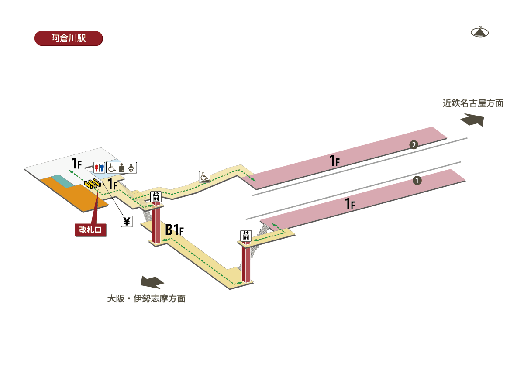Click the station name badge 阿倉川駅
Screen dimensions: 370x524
68,38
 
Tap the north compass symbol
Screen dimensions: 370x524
479,32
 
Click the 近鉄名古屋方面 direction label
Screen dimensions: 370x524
473,103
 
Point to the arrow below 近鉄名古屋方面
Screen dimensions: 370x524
472,120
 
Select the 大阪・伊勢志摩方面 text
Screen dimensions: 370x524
146,299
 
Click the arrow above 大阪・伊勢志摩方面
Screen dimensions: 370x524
151,282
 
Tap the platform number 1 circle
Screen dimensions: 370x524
417,180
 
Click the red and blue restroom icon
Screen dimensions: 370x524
100,167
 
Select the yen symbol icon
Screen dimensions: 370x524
127,222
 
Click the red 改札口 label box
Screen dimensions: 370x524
91,230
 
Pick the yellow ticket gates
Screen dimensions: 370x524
93,184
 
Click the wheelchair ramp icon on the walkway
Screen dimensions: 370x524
204,176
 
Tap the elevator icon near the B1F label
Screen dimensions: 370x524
156,196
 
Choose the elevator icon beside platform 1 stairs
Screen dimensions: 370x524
245,236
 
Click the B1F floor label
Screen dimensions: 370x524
174,230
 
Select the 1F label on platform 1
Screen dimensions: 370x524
350,203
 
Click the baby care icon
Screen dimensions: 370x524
131,167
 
